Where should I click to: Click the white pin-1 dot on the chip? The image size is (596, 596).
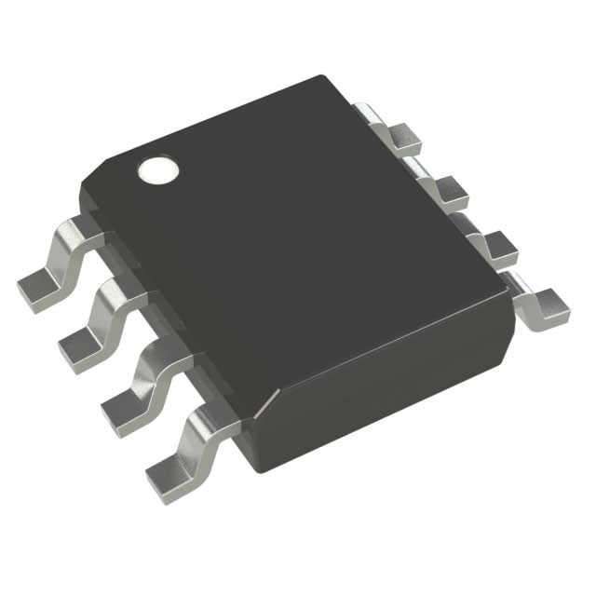point(158,169)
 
